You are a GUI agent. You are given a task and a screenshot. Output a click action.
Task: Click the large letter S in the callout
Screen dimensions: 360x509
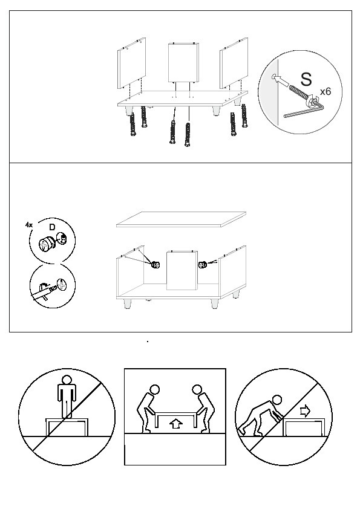tap(306, 79)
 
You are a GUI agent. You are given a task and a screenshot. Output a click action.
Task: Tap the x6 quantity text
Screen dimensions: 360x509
tap(326, 91)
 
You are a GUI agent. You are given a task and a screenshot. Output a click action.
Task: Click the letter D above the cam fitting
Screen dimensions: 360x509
tap(52, 227)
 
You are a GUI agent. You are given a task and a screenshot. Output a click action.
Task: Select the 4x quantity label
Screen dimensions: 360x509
tap(29, 224)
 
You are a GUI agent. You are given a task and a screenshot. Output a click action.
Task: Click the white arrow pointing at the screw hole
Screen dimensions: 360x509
tap(281, 80)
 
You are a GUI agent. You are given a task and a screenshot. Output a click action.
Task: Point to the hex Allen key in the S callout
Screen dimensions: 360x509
tap(304, 111)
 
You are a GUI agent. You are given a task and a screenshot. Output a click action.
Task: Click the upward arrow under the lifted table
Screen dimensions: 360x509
tap(176, 423)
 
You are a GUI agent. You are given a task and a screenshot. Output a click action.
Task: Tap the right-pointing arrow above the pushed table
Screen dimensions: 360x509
tap(305, 412)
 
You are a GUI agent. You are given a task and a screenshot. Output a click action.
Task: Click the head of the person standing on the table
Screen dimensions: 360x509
tap(67, 380)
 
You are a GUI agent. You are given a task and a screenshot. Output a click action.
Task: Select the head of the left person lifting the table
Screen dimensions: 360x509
tap(155, 389)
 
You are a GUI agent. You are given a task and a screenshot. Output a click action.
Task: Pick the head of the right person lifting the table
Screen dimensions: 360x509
tap(197, 389)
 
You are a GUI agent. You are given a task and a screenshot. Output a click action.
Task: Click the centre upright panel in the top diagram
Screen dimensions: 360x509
tap(183, 63)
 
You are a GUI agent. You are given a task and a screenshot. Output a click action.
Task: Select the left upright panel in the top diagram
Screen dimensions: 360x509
tap(131, 63)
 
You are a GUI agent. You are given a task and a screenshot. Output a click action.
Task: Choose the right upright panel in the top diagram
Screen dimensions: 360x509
tap(234, 63)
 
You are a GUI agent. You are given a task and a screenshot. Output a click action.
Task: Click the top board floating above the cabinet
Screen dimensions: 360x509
tap(181, 219)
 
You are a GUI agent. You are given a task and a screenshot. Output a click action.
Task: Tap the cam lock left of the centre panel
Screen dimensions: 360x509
tap(155, 264)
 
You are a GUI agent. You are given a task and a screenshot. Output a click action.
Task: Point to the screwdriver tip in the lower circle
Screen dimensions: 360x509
tap(54, 288)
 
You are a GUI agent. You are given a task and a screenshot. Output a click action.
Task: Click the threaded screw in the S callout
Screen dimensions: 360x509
tap(299, 93)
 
